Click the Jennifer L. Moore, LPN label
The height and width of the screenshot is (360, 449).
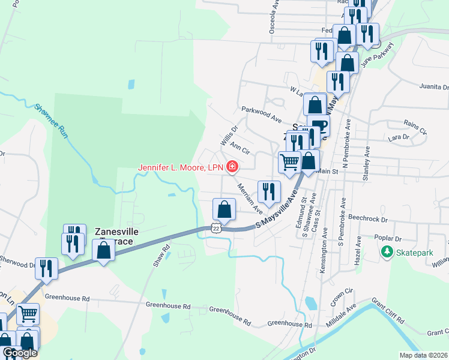181,167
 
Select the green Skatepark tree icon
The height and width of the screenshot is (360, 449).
388,253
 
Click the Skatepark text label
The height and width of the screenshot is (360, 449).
415,253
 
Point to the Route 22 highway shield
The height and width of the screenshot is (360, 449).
216,228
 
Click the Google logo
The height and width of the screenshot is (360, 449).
19,353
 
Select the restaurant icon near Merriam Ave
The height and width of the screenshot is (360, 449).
268,191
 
